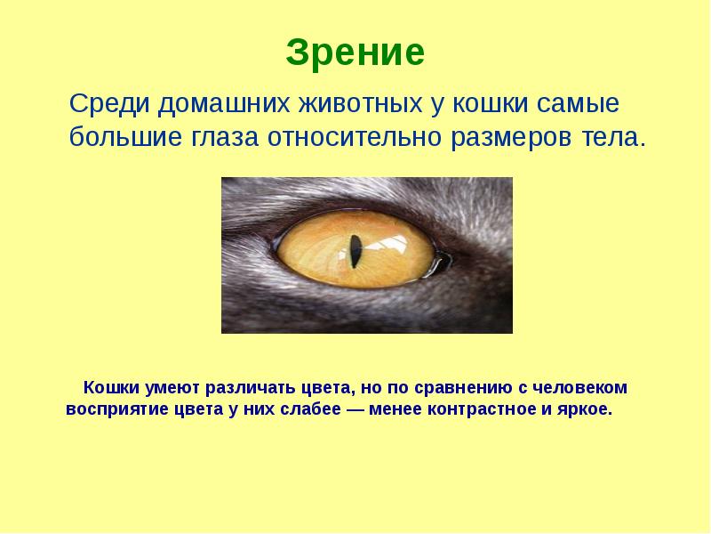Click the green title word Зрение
tap(355, 53)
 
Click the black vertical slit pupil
tap(355, 250)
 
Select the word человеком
tap(580, 389)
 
